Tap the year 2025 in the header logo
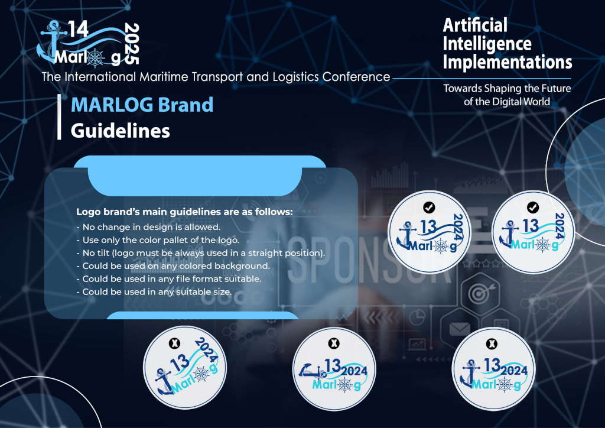coord(132,44)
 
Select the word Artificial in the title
coord(475,25)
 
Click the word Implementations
coord(507,61)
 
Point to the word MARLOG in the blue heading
coord(112,105)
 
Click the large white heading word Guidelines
coord(121,131)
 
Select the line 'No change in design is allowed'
coord(148,227)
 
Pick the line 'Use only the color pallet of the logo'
coord(158,240)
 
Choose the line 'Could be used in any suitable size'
coord(154,292)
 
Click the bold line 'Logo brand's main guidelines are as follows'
coord(184,212)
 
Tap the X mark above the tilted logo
coord(175,343)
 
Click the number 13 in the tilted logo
coord(180,363)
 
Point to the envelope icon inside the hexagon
coord(460,329)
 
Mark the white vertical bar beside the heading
coord(59,116)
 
